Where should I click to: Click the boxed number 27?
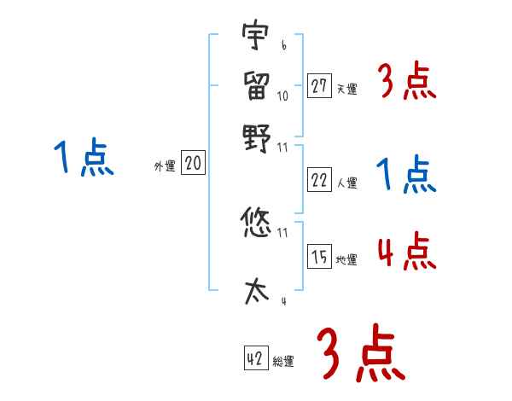tap(319, 85)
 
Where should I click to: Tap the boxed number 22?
tap(319, 179)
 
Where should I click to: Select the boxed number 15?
tap(319, 257)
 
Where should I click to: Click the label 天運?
tap(346, 88)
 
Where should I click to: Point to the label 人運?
tap(346, 182)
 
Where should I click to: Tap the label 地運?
tap(346, 259)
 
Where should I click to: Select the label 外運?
tap(165, 167)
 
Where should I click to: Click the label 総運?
tap(283, 362)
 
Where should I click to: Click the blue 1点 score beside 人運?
tap(406, 175)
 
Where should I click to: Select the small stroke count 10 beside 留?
tap(282, 96)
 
